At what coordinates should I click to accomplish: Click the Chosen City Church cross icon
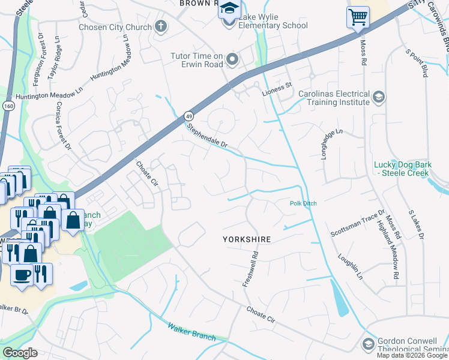160,26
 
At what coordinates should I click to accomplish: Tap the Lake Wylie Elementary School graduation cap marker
229,10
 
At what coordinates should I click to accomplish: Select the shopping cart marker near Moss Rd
358,17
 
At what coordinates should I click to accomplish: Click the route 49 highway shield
188,115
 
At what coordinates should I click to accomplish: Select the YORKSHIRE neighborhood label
247,239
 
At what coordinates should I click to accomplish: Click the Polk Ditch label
303,204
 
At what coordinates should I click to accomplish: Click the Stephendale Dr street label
207,136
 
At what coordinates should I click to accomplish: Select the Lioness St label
276,85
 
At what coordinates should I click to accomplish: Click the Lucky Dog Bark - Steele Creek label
401,169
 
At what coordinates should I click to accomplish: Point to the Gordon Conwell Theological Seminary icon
368,344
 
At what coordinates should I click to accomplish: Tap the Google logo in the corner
20,353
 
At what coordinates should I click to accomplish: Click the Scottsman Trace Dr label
358,223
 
